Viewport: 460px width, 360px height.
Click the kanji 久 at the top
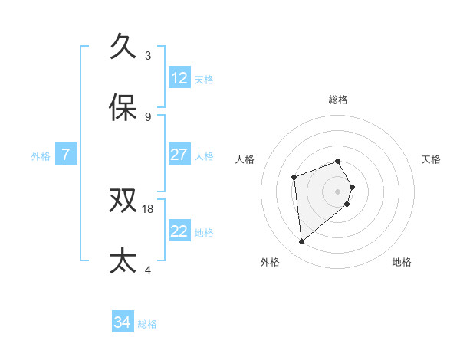[x=123, y=47]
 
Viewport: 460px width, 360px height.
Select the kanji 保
[x=123, y=108]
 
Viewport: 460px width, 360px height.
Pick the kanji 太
[x=123, y=260]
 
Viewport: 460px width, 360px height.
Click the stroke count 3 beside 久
[x=148, y=56]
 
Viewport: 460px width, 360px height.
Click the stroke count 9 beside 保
[x=148, y=117]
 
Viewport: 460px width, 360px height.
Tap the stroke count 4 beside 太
[x=148, y=270]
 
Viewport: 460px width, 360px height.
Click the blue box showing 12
[x=179, y=78]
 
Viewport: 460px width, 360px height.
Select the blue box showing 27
[x=179, y=155]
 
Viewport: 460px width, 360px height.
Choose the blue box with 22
[x=179, y=231]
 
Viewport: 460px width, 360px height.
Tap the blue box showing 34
[x=123, y=322]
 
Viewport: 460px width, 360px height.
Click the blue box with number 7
[x=66, y=155]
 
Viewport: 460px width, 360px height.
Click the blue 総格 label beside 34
[x=147, y=324]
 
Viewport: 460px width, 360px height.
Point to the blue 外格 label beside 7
[x=41, y=156]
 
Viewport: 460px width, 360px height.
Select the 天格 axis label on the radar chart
[x=431, y=159]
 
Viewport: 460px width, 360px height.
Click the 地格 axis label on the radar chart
[x=402, y=262]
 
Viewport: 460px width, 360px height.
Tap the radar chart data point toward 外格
[x=302, y=242]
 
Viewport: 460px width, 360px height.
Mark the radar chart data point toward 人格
[x=294, y=178]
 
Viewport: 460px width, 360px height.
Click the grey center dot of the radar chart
[x=337, y=191]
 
